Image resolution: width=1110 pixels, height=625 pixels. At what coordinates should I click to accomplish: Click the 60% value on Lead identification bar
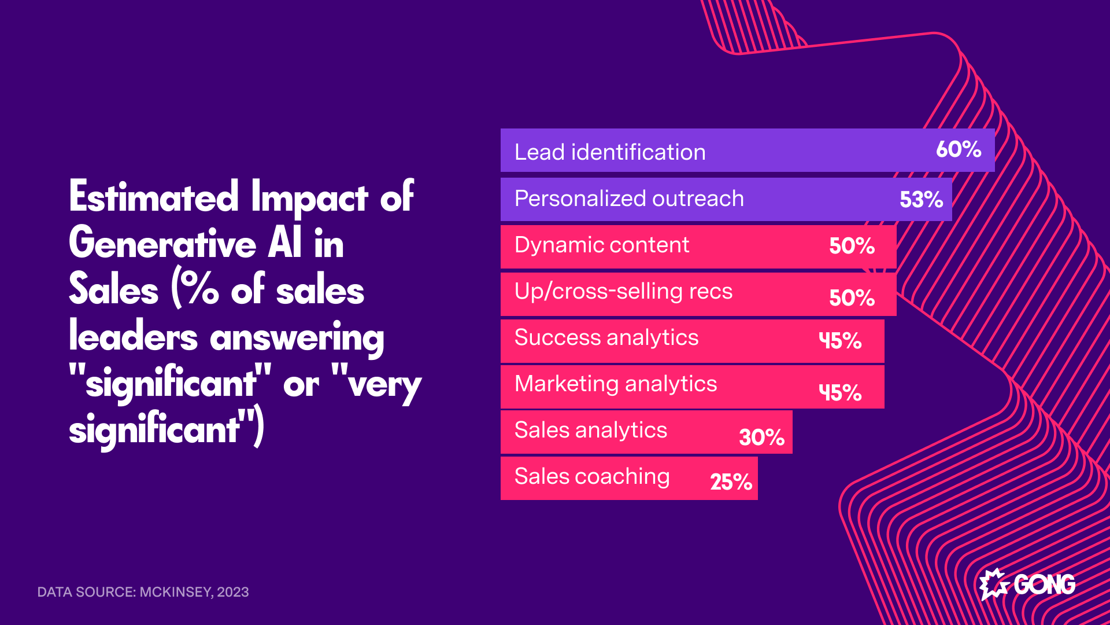click(x=958, y=149)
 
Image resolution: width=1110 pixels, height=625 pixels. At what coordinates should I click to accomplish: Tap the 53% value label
click(x=921, y=200)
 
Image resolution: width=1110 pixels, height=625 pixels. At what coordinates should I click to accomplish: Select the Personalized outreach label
click(x=629, y=198)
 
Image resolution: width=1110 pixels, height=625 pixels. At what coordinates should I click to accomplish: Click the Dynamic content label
click(x=601, y=245)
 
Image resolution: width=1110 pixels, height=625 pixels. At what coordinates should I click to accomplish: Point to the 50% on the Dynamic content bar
click(x=852, y=246)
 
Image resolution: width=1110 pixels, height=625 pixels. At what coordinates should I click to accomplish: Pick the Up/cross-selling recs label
click(x=623, y=291)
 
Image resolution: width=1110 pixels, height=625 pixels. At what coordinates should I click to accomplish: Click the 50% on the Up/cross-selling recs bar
click(x=852, y=298)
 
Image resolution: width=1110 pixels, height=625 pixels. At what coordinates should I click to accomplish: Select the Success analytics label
click(x=606, y=337)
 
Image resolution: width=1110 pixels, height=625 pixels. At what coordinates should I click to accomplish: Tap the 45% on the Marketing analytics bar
click(x=840, y=392)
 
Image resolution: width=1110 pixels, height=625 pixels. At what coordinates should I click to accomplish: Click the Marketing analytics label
click(x=616, y=384)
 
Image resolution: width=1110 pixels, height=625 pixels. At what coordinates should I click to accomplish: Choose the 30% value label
click(x=761, y=437)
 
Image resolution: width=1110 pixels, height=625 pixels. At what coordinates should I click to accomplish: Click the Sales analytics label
click(x=591, y=430)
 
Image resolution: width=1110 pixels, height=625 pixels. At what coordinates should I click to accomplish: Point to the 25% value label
click(x=731, y=482)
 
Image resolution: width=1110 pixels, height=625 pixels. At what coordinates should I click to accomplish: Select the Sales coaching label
click(x=592, y=476)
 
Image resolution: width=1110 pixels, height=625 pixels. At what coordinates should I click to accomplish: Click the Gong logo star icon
click(x=994, y=584)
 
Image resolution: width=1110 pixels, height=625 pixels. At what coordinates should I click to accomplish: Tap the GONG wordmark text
click(x=1044, y=584)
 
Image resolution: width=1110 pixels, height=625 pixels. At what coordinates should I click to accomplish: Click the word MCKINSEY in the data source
click(x=176, y=592)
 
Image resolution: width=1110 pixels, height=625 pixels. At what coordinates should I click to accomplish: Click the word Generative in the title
click(x=162, y=244)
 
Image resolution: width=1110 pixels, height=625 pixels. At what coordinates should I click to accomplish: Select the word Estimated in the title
click(x=154, y=197)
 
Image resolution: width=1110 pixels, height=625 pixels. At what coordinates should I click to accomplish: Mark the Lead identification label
click(x=610, y=152)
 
